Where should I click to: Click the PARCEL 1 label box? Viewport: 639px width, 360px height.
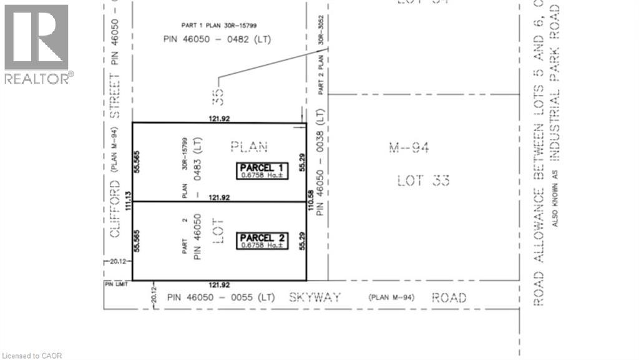[262, 171]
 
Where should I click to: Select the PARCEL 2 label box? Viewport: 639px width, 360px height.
[262, 241]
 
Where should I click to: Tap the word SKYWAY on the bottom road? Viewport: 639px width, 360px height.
[315, 298]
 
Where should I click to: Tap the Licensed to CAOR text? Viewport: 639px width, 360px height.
[32, 355]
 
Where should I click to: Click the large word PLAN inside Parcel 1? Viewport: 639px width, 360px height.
[249, 147]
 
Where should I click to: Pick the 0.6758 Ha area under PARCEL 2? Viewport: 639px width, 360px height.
[261, 245]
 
